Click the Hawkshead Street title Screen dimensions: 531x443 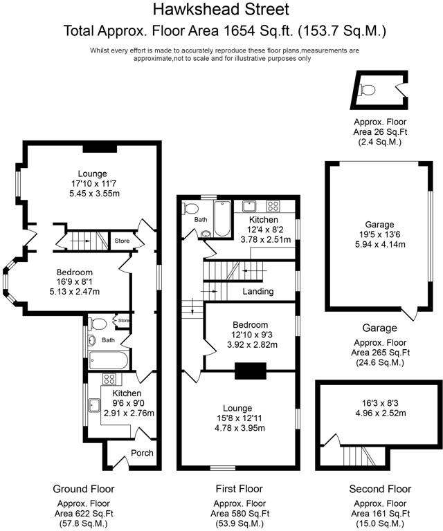click(x=221, y=10)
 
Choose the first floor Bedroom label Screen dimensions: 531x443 click(x=250, y=325)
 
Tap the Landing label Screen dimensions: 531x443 click(x=258, y=292)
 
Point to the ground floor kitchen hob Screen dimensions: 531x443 click(x=109, y=379)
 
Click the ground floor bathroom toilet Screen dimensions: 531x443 click(x=98, y=324)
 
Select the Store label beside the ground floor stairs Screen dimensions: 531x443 click(x=122, y=241)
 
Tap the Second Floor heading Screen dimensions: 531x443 click(x=379, y=489)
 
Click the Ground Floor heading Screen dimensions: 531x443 click(x=87, y=489)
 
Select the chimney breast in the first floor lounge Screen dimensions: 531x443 click(x=246, y=372)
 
